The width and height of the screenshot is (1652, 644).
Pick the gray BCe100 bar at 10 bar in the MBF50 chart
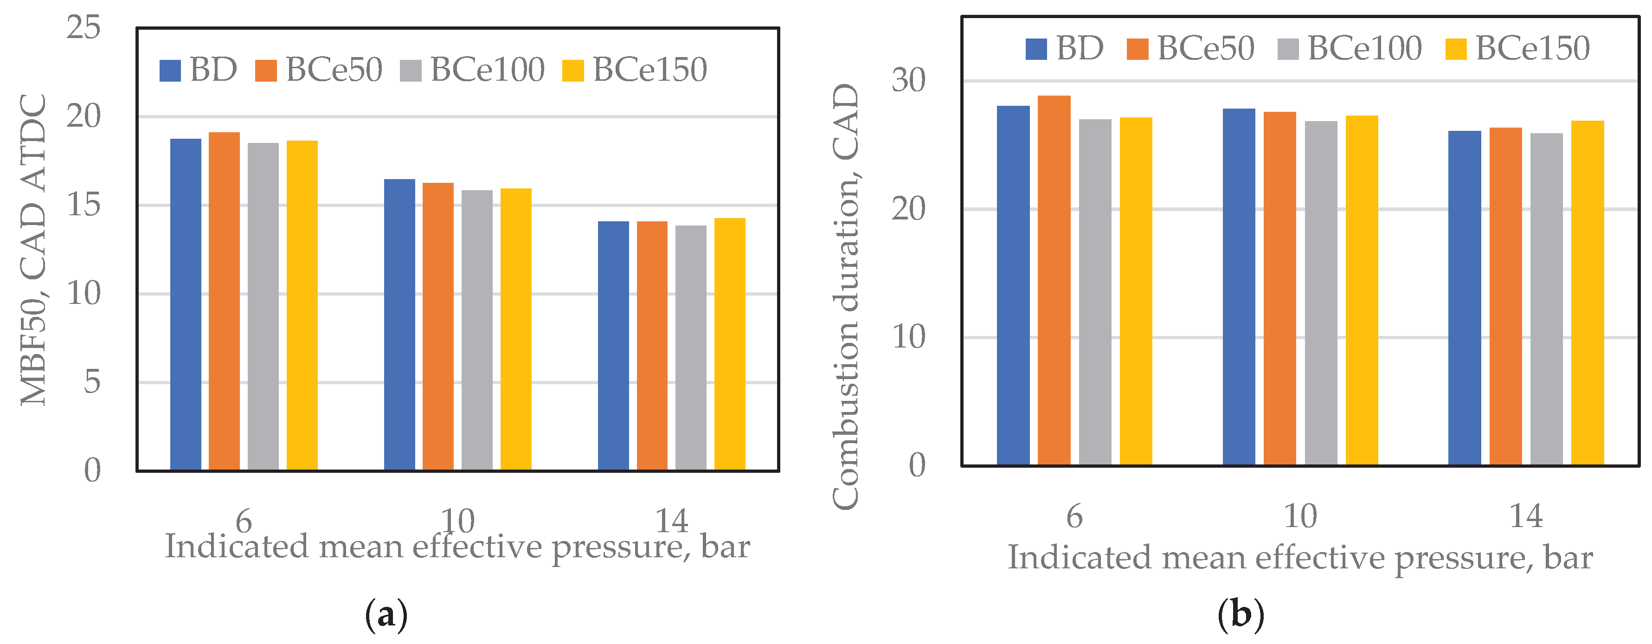point(476,330)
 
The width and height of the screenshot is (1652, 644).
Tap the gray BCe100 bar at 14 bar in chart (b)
point(1546,299)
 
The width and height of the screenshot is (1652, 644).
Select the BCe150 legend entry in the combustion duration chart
point(1517,49)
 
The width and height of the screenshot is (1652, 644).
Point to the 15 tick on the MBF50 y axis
point(84,205)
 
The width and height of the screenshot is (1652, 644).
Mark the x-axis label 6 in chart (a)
point(244,521)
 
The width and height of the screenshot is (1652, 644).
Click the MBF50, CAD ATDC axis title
point(33,250)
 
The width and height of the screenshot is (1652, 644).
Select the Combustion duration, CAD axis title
point(845,296)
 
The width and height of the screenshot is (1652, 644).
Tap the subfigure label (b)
point(1241,614)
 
